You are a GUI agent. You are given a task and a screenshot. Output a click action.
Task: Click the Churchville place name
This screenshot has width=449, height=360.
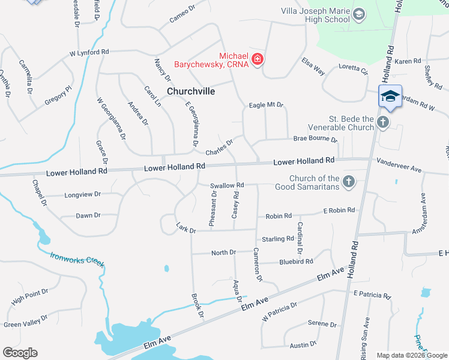(191, 91)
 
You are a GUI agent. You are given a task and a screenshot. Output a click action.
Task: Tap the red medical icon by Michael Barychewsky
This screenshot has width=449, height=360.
(258, 59)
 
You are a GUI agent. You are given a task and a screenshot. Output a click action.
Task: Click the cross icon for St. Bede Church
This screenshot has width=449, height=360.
(383, 122)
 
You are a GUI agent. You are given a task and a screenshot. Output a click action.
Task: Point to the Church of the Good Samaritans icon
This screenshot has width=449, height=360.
(348, 182)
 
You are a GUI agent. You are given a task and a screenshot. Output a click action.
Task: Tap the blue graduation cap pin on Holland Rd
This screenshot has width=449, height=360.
(390, 97)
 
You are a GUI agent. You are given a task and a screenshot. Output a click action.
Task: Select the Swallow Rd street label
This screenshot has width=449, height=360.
(227, 186)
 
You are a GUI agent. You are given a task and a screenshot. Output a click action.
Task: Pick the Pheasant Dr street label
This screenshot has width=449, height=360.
(213, 209)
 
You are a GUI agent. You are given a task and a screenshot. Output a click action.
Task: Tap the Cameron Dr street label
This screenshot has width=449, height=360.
(258, 265)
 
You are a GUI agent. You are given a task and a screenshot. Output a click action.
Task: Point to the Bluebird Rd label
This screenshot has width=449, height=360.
(296, 262)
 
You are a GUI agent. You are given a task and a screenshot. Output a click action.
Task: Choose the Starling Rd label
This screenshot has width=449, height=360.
(277, 239)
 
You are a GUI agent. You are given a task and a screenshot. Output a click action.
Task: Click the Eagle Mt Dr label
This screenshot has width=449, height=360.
(266, 105)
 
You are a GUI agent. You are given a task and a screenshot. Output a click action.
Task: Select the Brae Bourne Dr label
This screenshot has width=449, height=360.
(315, 139)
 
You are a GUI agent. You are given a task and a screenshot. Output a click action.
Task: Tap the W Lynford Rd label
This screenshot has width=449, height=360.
(89, 53)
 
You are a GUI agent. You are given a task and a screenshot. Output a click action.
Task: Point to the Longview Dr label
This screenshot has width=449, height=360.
(81, 194)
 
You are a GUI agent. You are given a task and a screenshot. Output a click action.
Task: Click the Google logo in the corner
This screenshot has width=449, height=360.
(20, 353)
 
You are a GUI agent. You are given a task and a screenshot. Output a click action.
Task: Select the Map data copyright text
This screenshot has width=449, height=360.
(411, 355)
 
